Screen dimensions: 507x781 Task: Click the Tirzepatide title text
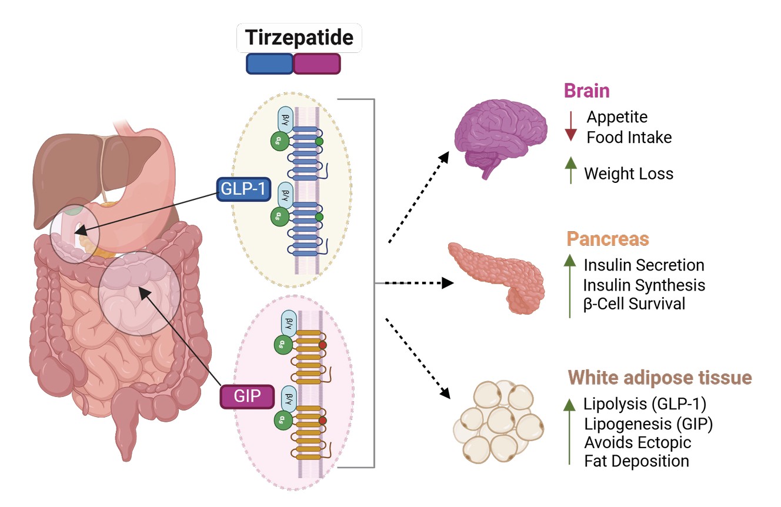point(299,38)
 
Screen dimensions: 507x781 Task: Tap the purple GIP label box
point(247,396)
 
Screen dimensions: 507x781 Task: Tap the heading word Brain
point(586,91)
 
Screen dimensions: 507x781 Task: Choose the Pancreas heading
point(608,239)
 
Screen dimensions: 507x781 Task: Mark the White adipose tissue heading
point(660,377)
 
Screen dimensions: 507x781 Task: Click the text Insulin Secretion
point(644,265)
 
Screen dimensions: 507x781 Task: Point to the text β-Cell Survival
point(634,304)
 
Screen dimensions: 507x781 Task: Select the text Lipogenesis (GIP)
point(648,423)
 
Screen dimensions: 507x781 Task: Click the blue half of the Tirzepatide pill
point(269,64)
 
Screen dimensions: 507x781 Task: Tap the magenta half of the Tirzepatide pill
point(317,64)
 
